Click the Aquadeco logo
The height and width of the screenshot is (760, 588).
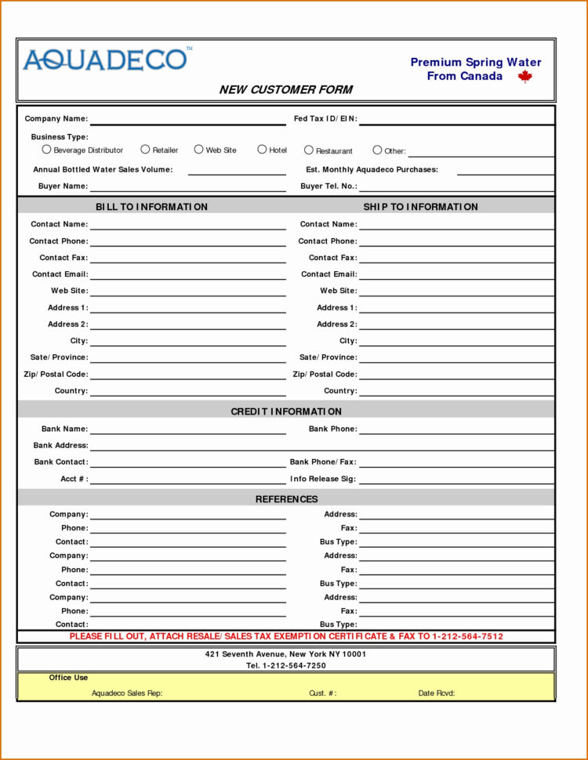point(106,60)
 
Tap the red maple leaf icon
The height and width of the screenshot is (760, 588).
point(524,76)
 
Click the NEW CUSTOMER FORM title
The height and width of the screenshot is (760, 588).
point(285,89)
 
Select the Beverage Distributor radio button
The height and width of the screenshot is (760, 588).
point(46,150)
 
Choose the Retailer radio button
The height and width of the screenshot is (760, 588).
point(145,150)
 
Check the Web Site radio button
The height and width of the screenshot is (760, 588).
point(198,150)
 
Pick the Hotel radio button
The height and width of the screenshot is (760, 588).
point(262,150)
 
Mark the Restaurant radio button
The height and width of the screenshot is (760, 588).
point(309,150)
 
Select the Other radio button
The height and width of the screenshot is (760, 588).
point(377,150)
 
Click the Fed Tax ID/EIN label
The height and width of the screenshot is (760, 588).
point(325,119)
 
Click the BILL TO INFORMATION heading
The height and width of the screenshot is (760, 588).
point(151,207)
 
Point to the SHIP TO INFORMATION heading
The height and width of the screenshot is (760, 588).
point(420,207)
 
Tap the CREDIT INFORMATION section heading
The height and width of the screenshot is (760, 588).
point(286,411)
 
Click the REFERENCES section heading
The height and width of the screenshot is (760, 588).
point(286,499)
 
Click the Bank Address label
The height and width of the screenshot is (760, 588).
point(60,446)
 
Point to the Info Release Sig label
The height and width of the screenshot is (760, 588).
point(322,479)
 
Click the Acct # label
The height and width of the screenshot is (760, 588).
point(74,479)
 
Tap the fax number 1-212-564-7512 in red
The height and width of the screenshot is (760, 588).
point(467,636)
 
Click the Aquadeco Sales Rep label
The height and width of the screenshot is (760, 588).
point(127,693)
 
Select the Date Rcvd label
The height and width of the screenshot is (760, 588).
point(437,693)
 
